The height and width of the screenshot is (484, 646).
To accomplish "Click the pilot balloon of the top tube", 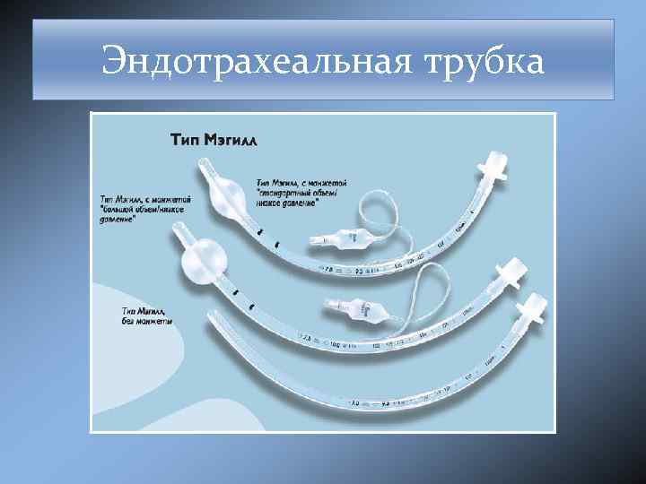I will tap(342, 240).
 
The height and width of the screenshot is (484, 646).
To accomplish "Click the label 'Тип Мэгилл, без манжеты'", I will tap(147, 315).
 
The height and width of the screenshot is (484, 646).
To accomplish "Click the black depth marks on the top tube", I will tap(268, 238).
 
